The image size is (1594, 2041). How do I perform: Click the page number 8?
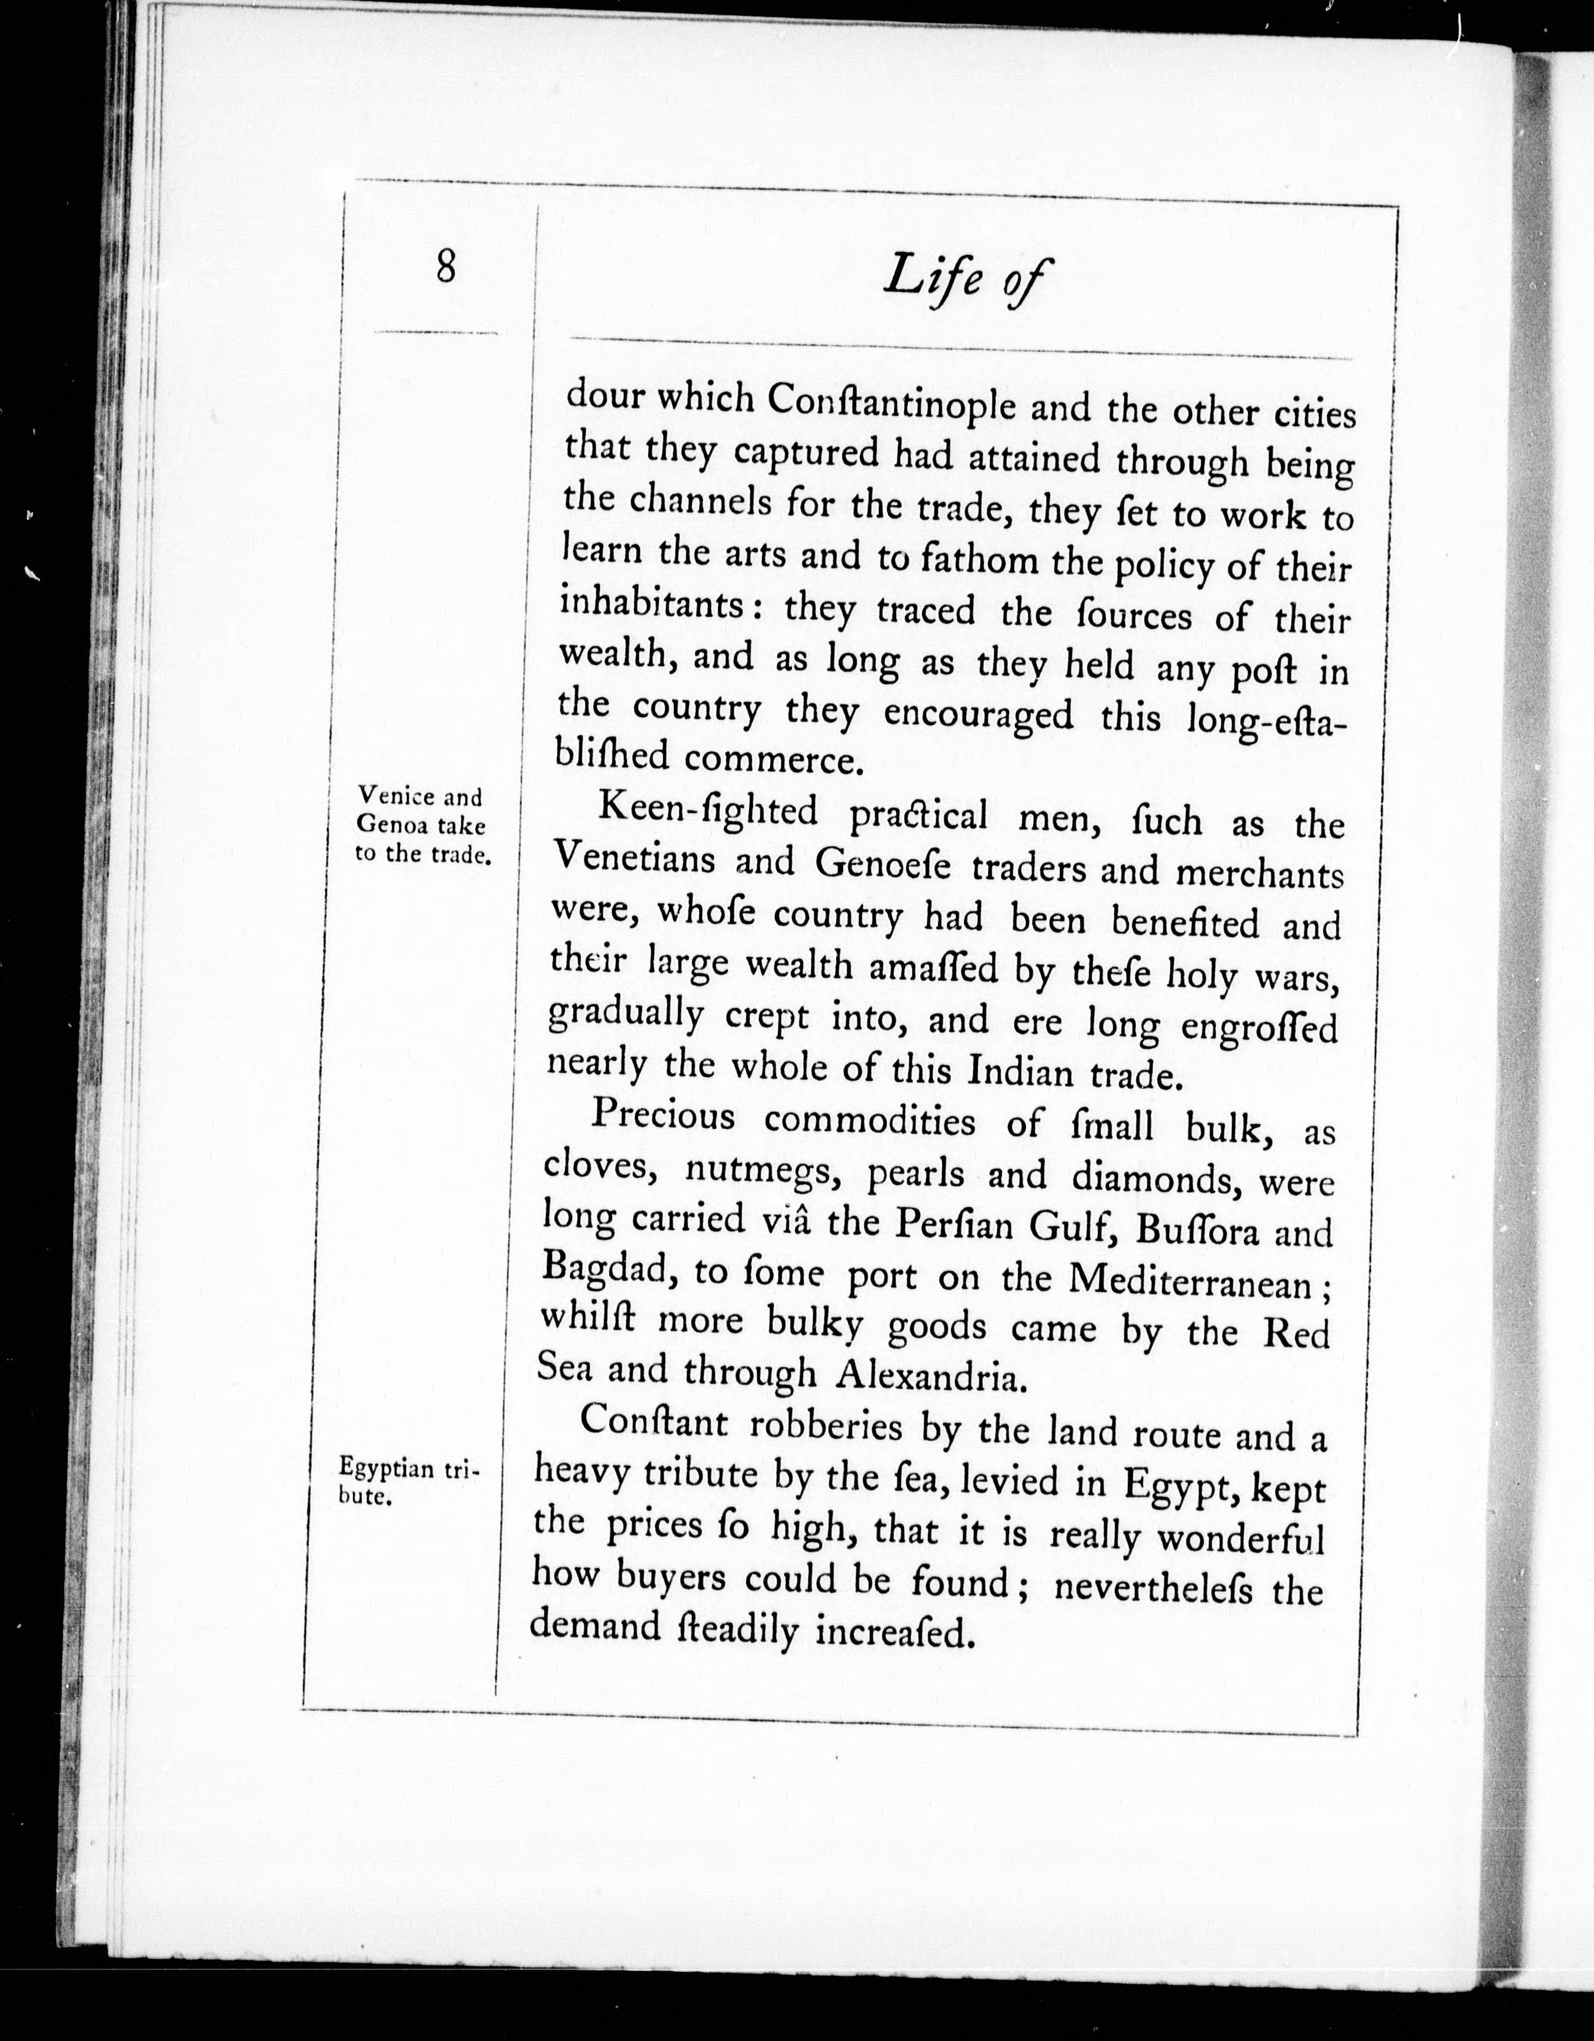tap(445, 268)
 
